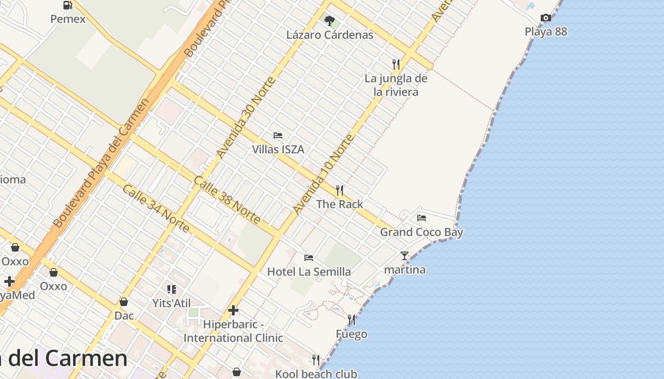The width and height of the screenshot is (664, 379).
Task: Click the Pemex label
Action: click(x=68, y=19)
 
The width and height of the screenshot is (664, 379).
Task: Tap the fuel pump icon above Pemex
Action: click(x=68, y=5)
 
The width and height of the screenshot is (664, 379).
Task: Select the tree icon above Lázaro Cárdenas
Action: click(x=330, y=20)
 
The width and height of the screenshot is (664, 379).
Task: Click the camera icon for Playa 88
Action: click(x=546, y=18)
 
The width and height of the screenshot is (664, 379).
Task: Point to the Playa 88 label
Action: click(x=546, y=32)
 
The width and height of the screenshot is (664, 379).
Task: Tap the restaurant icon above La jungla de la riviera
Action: click(x=396, y=64)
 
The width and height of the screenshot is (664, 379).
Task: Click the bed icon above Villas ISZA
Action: click(x=278, y=135)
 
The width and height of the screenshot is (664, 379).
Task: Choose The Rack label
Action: click(x=340, y=204)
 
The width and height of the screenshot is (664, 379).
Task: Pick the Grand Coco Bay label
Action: click(x=422, y=232)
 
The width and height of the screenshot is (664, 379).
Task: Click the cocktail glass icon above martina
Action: click(x=405, y=256)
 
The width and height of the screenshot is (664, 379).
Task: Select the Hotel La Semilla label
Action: click(x=309, y=271)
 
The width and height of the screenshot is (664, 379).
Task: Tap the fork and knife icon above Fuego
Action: click(x=351, y=320)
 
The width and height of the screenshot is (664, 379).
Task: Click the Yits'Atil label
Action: click(x=172, y=303)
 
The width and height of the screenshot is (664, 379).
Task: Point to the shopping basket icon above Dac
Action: click(x=124, y=302)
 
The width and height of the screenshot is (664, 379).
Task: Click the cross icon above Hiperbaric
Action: click(x=233, y=310)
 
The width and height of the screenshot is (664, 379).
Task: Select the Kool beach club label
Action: click(x=316, y=374)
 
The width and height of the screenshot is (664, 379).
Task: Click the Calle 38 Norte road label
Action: click(x=227, y=200)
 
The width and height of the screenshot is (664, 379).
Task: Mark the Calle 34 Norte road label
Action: click(x=156, y=208)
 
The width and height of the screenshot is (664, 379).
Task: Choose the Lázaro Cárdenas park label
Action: click(x=330, y=35)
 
